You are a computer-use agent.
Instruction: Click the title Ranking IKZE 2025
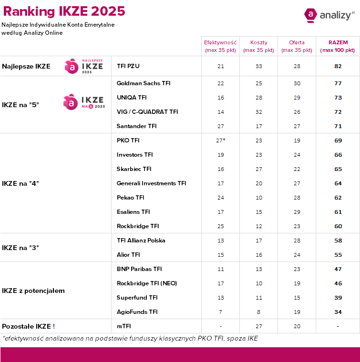point(64,11)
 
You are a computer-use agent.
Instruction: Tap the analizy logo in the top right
point(329,15)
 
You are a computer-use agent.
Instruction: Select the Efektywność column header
point(220,46)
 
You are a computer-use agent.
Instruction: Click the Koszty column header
point(258,46)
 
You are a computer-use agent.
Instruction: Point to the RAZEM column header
point(338,46)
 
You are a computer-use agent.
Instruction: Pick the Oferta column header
point(297,46)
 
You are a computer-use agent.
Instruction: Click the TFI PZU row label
point(128,66)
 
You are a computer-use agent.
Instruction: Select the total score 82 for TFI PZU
point(338,66)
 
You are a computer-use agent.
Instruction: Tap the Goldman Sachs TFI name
point(144,83)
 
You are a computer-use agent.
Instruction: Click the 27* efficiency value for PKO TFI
point(220,141)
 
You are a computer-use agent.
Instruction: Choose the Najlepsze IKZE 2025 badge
point(84,66)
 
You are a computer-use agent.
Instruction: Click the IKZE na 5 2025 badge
point(84,102)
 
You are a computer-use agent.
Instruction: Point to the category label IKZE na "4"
point(21,183)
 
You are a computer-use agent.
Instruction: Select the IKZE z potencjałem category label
point(33,291)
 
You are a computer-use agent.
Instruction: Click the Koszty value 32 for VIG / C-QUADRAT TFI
point(258,112)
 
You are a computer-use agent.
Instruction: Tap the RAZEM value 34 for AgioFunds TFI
point(338,312)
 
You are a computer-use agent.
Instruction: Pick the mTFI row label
point(123,326)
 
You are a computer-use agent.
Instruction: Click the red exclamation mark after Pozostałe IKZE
point(54,326)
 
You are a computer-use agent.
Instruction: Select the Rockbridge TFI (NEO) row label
point(147,283)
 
